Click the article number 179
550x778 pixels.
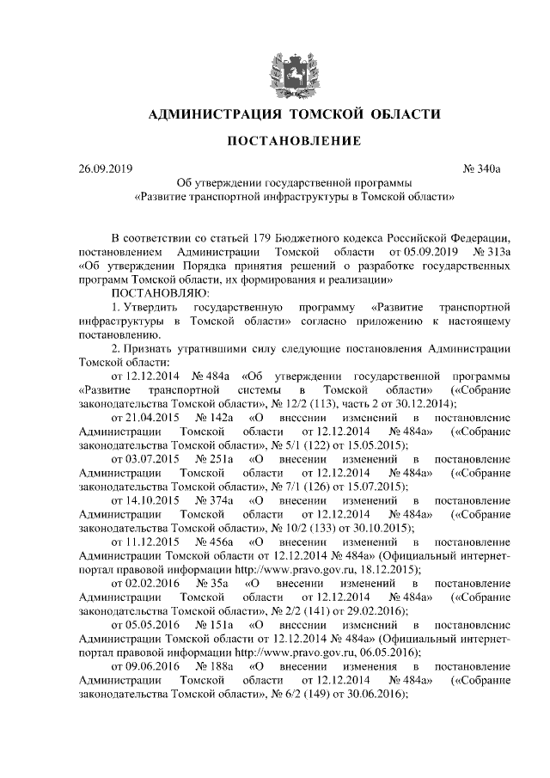(266, 236)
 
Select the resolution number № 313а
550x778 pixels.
(493, 251)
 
